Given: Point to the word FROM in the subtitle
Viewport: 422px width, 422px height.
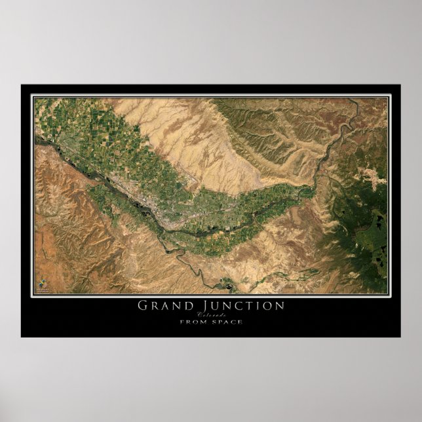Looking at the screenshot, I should click(x=193, y=321).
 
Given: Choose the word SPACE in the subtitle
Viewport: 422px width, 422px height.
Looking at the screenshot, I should click(x=227, y=321).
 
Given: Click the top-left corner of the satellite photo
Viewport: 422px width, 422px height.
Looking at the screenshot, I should click(x=35, y=98).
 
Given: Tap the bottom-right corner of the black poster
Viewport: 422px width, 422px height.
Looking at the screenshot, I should click(x=400, y=337).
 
